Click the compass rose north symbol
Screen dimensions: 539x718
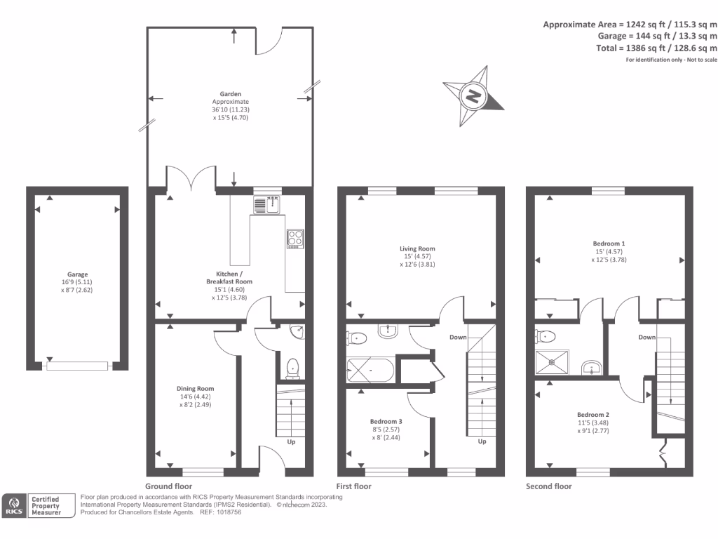tap(474, 94)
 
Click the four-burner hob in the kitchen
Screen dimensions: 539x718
tap(294, 239)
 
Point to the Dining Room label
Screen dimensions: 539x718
tap(196, 388)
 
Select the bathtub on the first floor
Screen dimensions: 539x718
tap(370, 369)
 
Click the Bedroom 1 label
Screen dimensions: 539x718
tap(609, 243)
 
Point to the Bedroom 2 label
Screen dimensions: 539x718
tap(593, 414)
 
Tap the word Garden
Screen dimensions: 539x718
tap(231, 93)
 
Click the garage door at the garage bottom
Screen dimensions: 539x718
tap(77, 365)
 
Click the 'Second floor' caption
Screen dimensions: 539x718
tap(548, 486)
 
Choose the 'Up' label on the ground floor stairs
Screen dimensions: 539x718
tap(291, 442)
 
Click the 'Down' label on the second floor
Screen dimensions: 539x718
tap(646, 337)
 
